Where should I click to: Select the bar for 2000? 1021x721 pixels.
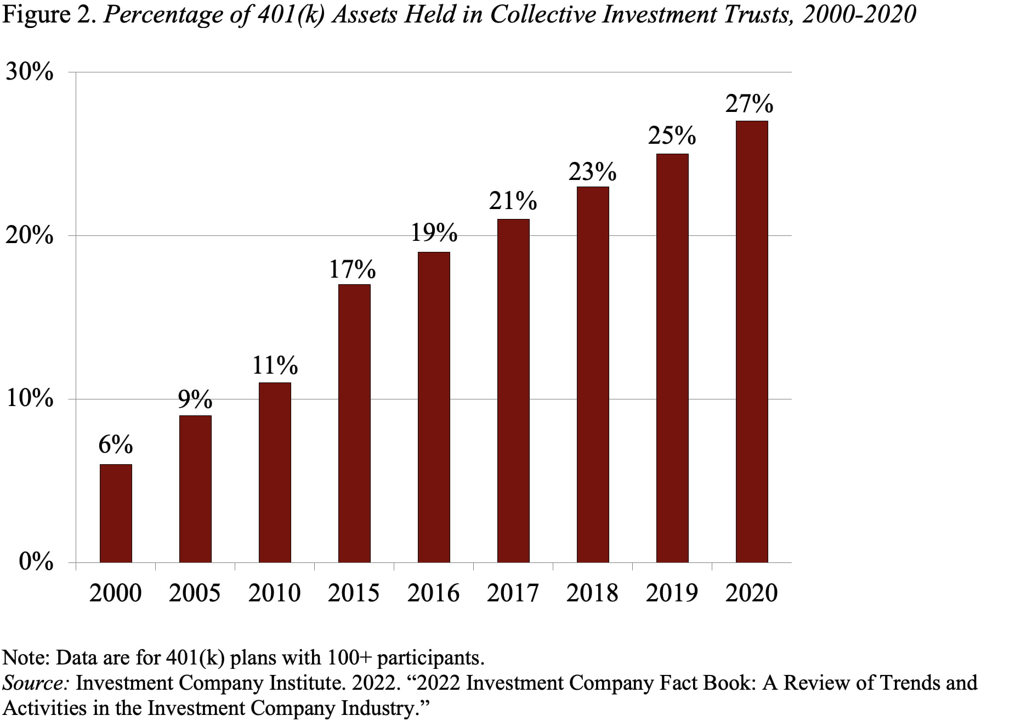tap(116, 513)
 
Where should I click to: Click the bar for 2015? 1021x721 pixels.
tap(354, 423)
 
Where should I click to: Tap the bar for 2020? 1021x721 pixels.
tap(752, 341)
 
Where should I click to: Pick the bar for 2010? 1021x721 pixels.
tap(275, 472)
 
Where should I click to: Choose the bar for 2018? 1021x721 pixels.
tap(593, 374)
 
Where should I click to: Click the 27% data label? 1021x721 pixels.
tap(749, 104)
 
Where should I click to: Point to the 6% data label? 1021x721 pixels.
tap(116, 444)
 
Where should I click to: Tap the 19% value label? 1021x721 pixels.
tap(434, 233)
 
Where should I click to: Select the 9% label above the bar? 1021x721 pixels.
tap(195, 399)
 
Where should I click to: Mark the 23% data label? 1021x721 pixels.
tap(592, 172)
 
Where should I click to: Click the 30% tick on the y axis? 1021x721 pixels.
tap(30, 72)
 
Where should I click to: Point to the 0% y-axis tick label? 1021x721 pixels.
tap(36, 562)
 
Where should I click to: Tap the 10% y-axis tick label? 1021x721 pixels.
tap(30, 398)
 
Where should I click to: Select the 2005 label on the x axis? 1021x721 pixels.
tap(195, 593)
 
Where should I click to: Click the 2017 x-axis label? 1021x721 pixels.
tap(513, 593)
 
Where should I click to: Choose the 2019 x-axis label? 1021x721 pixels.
tap(672, 593)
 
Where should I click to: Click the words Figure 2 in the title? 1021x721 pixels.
tap(49, 15)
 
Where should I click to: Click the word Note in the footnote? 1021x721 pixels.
tap(25, 658)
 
